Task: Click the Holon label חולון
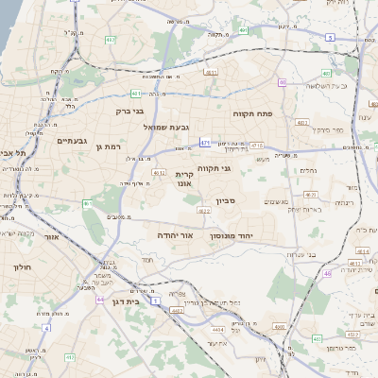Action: click(22, 267)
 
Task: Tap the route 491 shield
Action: click(244, 31)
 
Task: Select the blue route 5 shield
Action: click(330, 37)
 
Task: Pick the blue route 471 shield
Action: click(205, 143)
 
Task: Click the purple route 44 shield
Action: click(100, 299)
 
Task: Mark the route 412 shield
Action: click(160, 174)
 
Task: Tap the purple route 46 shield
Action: click(327, 273)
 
